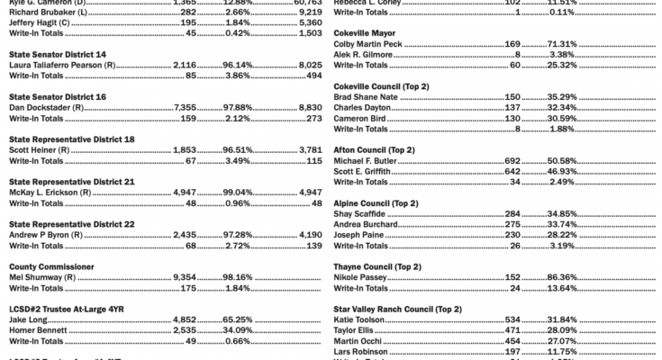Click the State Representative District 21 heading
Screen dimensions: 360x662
pos(72,181)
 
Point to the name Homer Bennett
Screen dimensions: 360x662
pos(41,329)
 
